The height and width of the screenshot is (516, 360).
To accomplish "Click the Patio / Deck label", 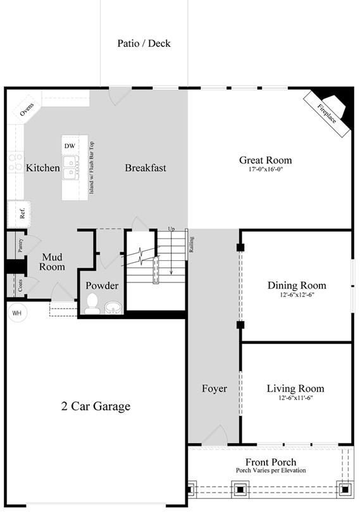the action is tap(144, 44).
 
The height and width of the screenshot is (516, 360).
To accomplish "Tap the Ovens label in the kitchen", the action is tap(27, 110).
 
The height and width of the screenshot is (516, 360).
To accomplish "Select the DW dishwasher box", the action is tap(70, 146).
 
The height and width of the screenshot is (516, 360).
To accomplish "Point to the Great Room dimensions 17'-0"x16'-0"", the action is tap(266, 170).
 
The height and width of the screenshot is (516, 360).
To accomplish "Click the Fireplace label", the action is tap(326, 114).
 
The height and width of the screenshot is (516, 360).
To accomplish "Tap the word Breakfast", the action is tap(146, 168).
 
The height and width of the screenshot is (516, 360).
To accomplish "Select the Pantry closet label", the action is tap(20, 245).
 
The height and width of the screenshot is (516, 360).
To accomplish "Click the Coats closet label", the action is tap(20, 286).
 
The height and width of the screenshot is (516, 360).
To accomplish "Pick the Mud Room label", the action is tap(52, 261).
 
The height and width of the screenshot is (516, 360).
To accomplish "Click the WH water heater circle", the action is tap(17, 313).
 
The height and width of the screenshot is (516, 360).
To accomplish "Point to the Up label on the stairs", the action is tap(171, 229).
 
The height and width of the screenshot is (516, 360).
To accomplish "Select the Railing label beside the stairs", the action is tap(191, 244).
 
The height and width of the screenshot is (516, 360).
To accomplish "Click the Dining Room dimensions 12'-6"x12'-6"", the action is tap(297, 295).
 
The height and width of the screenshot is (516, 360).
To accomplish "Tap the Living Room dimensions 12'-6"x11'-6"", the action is tap(295, 398).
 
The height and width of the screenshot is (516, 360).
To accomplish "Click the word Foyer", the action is tap(214, 389).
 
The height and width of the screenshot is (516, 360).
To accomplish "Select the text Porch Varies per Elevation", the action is tap(271, 470).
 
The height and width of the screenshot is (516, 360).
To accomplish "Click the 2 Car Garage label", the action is tap(96, 406).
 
